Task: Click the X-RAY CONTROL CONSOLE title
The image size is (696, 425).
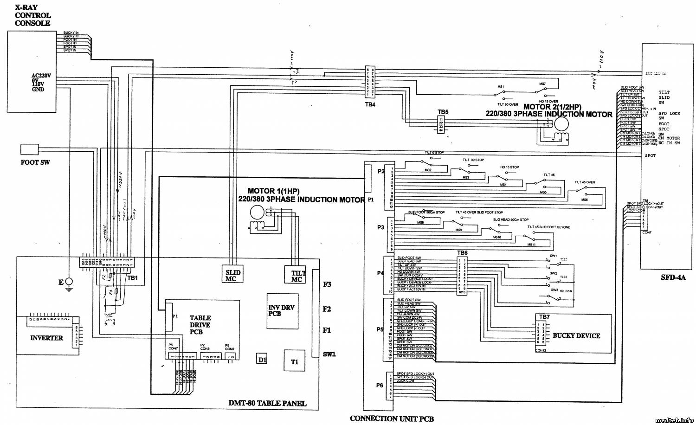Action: click(32, 15)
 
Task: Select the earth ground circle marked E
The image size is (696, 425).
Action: click(69, 281)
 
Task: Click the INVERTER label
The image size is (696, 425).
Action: click(46, 338)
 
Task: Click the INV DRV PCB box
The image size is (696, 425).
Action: click(282, 310)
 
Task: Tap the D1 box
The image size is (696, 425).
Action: click(262, 359)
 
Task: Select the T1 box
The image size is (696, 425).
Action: click(294, 361)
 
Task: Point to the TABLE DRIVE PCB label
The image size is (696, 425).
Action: click(200, 325)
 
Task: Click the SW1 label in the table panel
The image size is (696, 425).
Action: click(329, 354)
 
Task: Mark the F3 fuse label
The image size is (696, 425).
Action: click(327, 284)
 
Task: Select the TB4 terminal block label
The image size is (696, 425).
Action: click(370, 104)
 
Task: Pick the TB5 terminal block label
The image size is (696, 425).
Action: click(443, 112)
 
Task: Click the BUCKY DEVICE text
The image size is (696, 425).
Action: click(576, 335)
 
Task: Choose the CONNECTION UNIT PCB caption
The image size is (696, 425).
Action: click(392, 419)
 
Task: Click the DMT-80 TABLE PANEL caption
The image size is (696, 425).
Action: click(267, 403)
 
